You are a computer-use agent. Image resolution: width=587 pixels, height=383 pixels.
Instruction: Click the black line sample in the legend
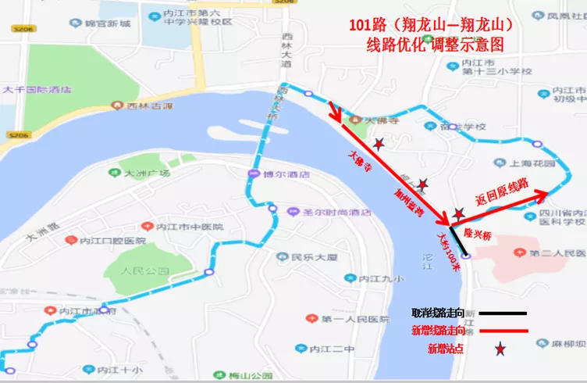[x=500, y=313]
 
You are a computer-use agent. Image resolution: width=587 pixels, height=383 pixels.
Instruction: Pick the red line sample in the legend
[x=500, y=331]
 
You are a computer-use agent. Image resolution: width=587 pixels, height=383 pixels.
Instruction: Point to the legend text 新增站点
[x=446, y=349]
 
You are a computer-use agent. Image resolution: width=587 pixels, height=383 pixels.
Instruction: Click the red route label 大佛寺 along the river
[x=356, y=161]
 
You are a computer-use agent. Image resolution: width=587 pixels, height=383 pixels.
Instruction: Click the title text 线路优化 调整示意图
[x=436, y=45]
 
